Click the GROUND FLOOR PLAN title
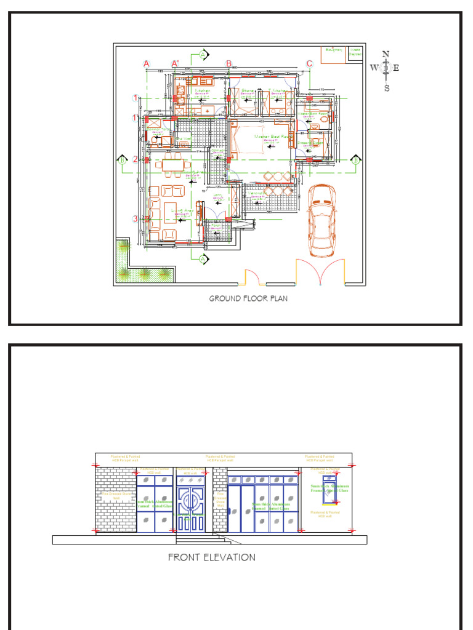pos(248,298)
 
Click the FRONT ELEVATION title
pos(212,557)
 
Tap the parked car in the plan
pos(322,220)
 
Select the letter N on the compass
pos(386,54)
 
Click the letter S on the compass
pos(387,88)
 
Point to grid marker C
pos(309,63)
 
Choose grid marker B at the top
pos(228,63)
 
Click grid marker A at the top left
pos(147,63)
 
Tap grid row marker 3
pos(135,219)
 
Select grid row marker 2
pos(135,159)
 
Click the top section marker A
pos(203,55)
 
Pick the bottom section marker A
pos(203,260)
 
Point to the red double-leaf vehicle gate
pos(320,272)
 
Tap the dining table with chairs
pos(168,164)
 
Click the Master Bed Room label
pos(263,137)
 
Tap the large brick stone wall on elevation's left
pos(115,500)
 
